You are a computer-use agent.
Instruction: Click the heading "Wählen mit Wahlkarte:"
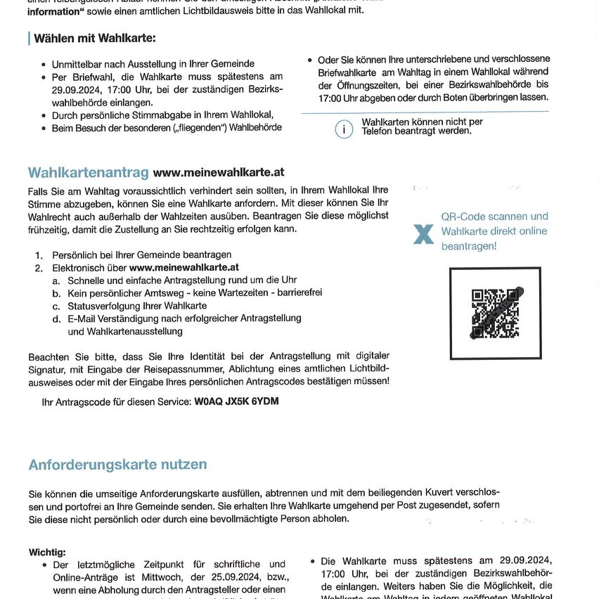(x=95, y=38)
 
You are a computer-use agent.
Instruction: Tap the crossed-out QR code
(x=495, y=313)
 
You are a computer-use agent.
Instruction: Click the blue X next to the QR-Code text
(x=423, y=234)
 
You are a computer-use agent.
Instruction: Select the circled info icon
(x=344, y=129)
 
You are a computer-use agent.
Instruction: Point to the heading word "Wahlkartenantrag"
(x=88, y=172)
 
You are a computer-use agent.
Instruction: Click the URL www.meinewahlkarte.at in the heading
(x=218, y=172)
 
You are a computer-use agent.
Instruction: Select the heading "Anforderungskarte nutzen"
(x=117, y=464)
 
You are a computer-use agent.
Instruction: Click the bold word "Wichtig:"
(x=47, y=553)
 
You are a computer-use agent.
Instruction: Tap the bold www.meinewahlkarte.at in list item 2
(x=184, y=267)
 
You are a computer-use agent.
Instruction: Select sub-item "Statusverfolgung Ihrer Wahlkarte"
(x=137, y=306)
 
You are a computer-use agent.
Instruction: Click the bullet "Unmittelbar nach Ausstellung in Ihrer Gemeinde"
(x=153, y=64)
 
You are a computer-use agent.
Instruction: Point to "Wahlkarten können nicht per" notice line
(x=422, y=122)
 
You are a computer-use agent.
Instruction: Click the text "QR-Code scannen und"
(x=494, y=217)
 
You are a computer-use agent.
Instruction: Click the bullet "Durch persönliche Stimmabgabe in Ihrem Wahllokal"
(x=162, y=115)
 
